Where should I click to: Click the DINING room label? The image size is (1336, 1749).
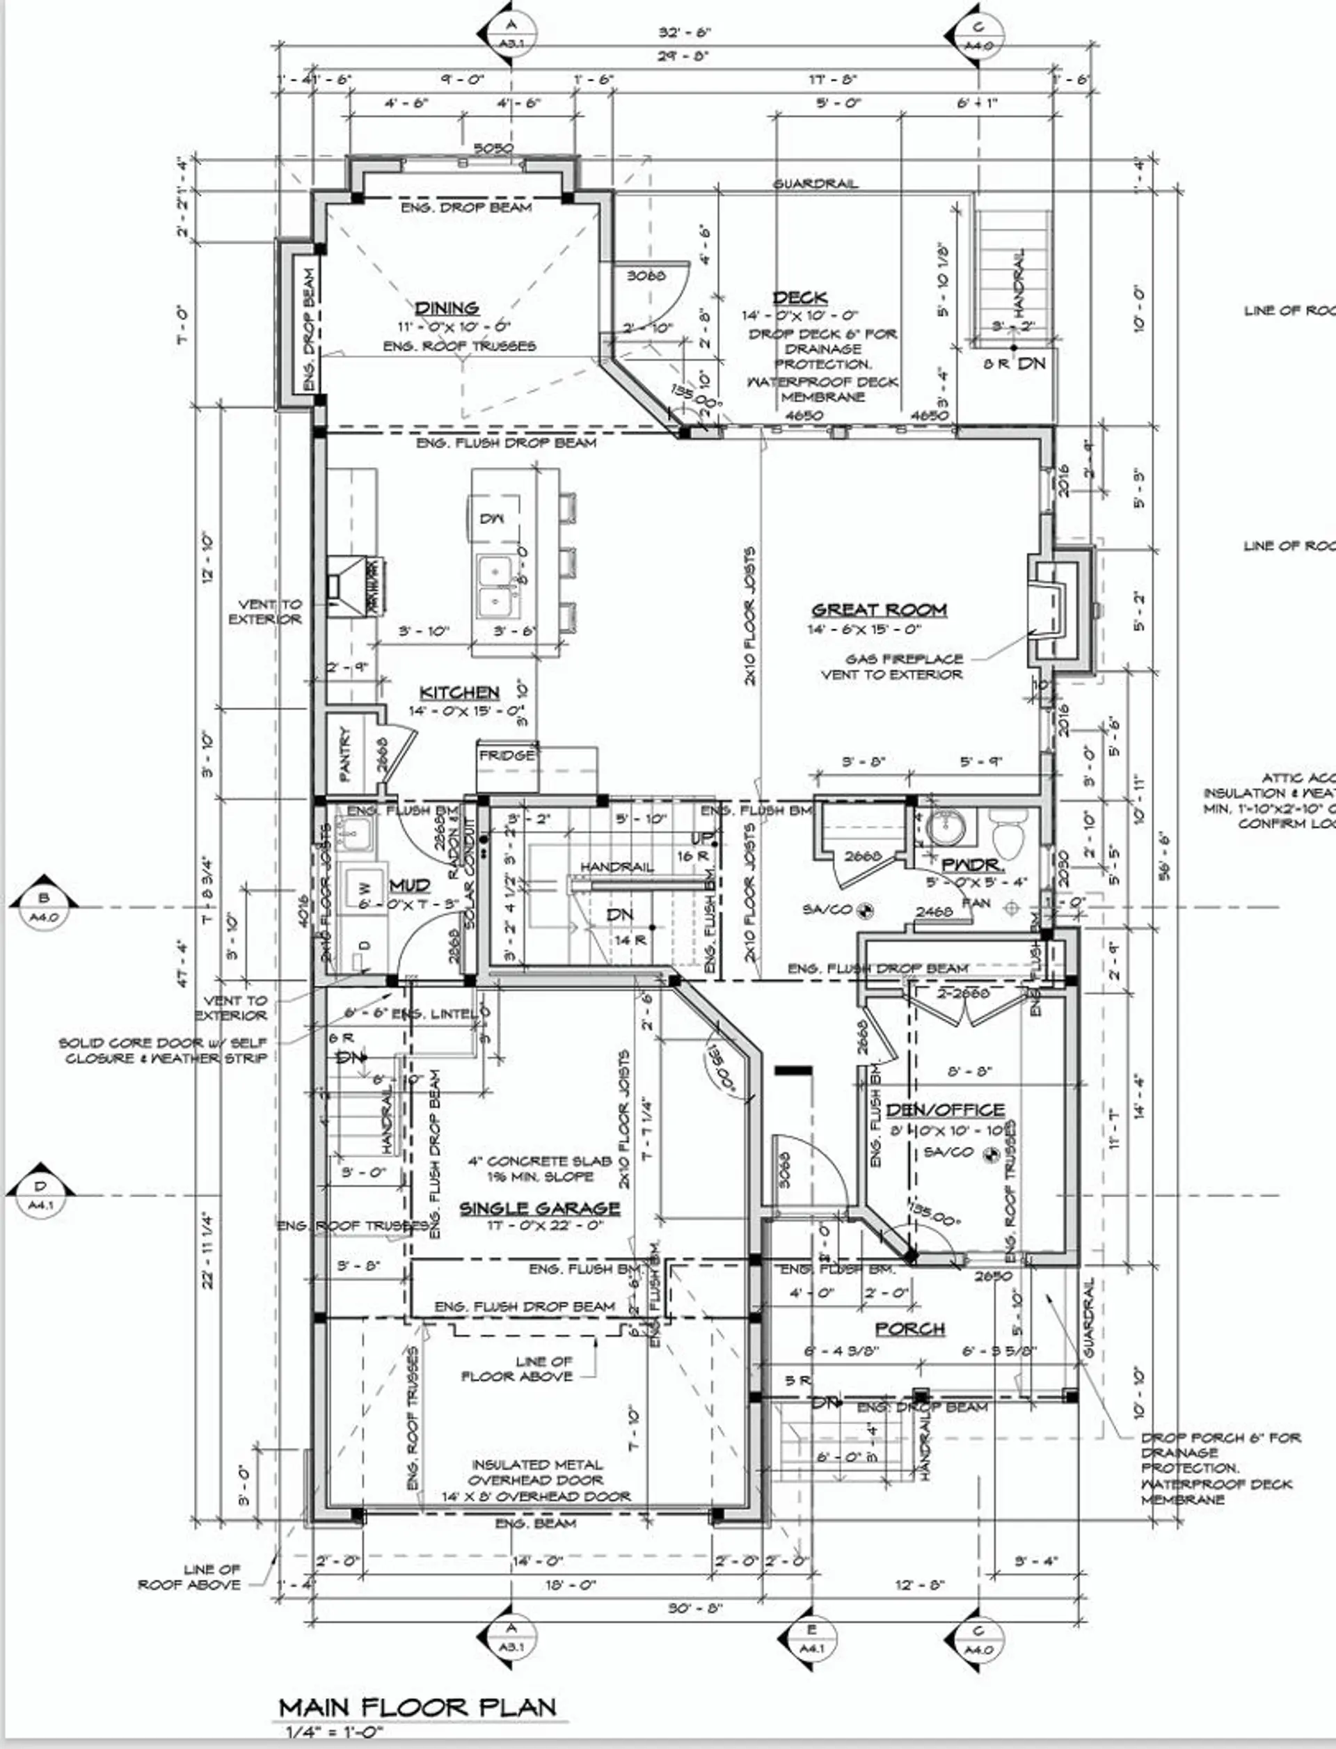pyautogui.click(x=447, y=308)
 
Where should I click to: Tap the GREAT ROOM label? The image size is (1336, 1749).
pyautogui.click(x=879, y=610)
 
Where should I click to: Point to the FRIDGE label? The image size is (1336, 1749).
pyautogui.click(x=507, y=755)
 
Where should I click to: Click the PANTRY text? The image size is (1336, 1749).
pyautogui.click(x=345, y=752)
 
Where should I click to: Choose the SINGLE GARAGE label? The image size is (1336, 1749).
pyautogui.click(x=539, y=1208)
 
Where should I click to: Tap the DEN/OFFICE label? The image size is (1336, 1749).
pyautogui.click(x=945, y=1109)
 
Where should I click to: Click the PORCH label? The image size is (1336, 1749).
pyautogui.click(x=909, y=1328)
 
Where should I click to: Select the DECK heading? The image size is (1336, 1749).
pyautogui.click(x=800, y=297)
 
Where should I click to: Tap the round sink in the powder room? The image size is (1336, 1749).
pyautogui.click(x=946, y=829)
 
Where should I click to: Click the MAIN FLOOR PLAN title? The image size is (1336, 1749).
pyautogui.click(x=417, y=1707)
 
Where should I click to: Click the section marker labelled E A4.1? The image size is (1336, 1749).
pyautogui.click(x=811, y=1644)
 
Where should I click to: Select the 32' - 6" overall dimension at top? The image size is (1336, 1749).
pyautogui.click(x=684, y=33)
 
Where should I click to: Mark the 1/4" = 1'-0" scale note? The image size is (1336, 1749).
pyautogui.click(x=335, y=1732)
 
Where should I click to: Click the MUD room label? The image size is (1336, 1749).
pyautogui.click(x=410, y=885)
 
